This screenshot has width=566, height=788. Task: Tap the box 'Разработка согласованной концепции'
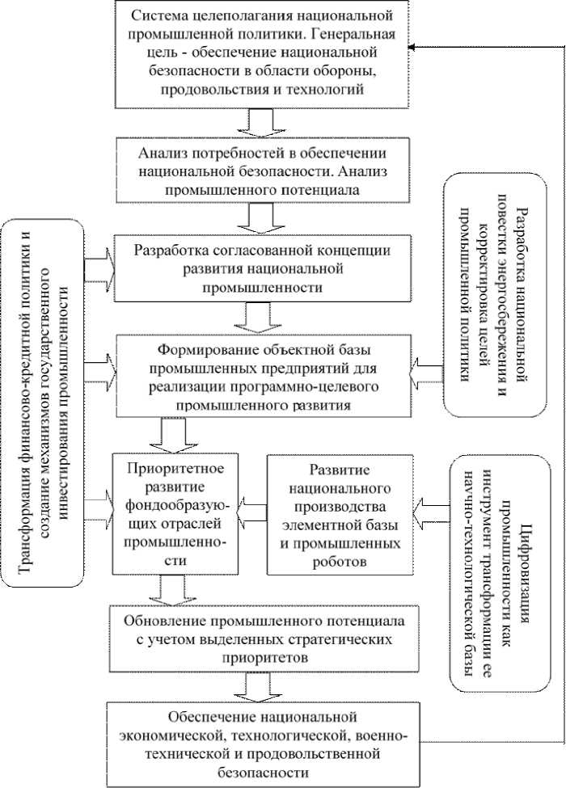click(264, 268)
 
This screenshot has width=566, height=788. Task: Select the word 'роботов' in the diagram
click(339, 559)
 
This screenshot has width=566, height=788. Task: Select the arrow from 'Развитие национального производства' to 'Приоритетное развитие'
click(253, 508)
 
